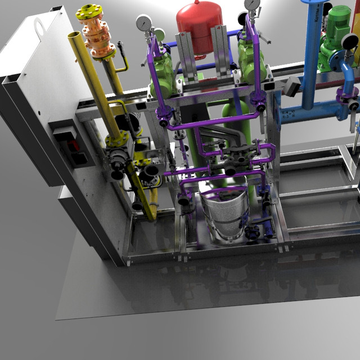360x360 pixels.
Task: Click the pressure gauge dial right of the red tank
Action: click(252, 5)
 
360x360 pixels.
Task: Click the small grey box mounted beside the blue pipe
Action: click(292, 85)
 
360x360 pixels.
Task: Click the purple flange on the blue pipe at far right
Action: click(343, 96)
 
